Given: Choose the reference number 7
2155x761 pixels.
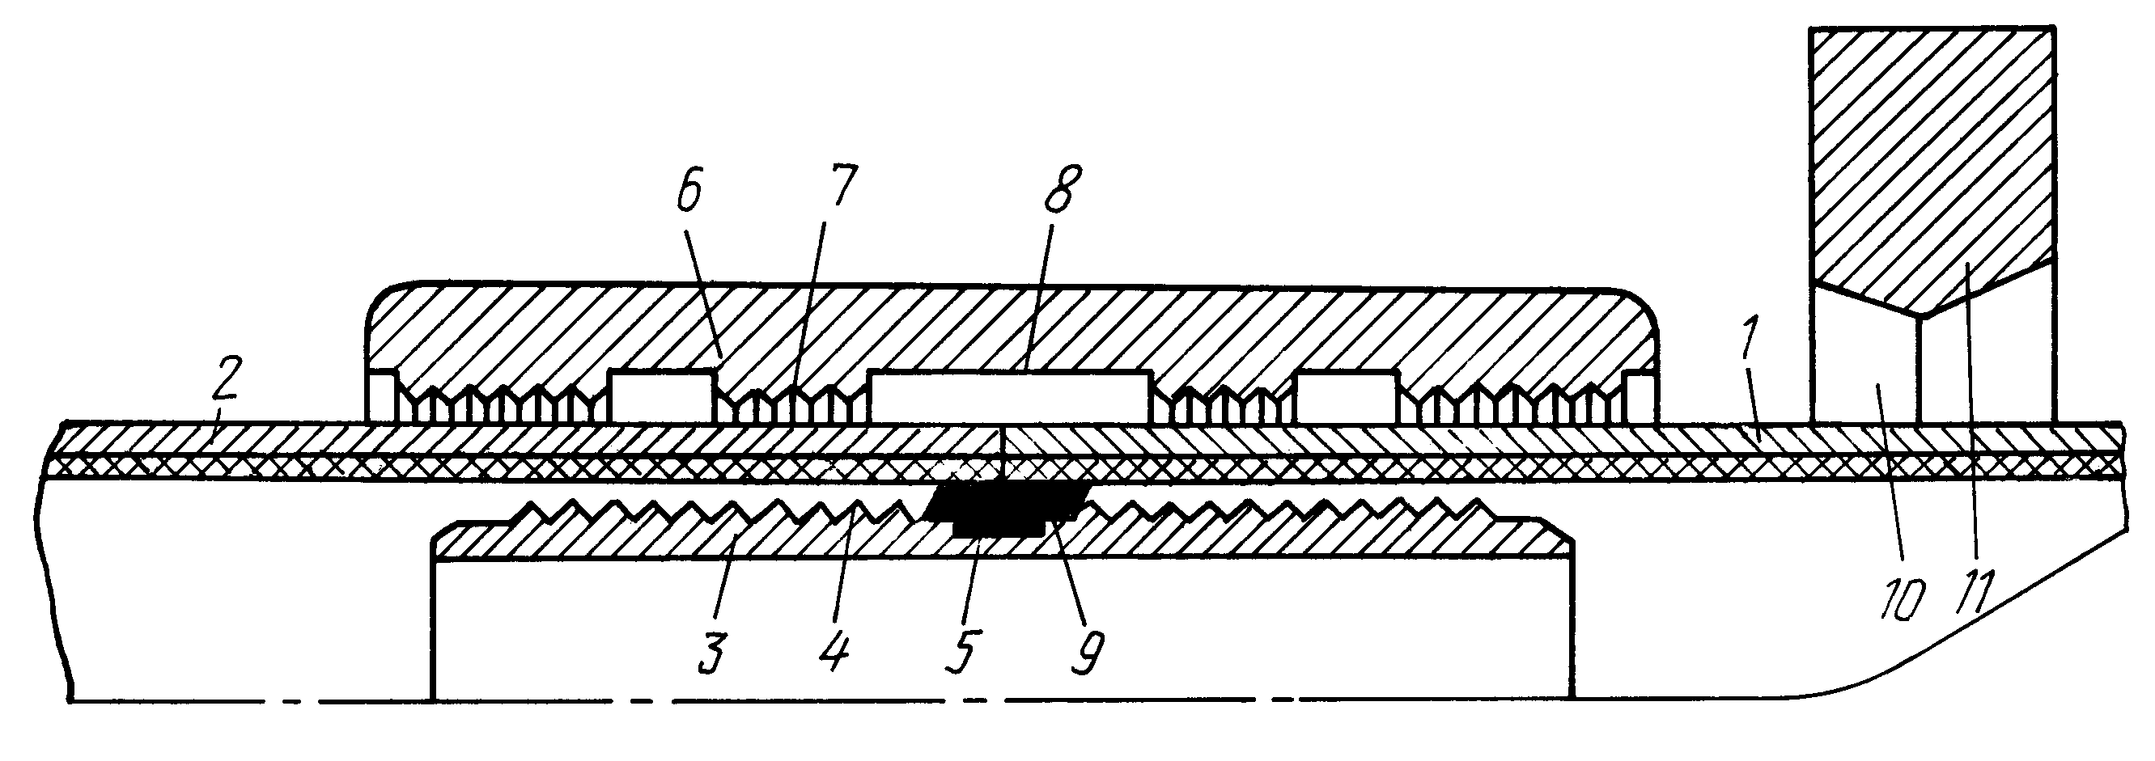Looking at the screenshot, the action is (x=840, y=189).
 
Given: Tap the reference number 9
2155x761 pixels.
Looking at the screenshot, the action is (x=1088, y=656).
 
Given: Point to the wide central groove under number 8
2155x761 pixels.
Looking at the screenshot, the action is (x=1011, y=397).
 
